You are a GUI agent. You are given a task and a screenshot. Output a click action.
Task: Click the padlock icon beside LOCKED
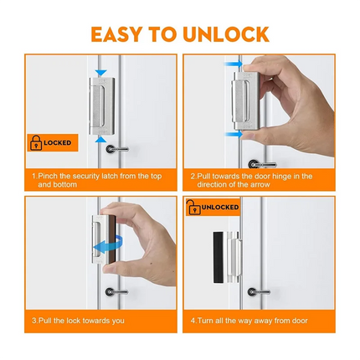coord(37,144)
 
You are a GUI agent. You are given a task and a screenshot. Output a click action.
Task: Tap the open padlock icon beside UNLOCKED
coord(193,207)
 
